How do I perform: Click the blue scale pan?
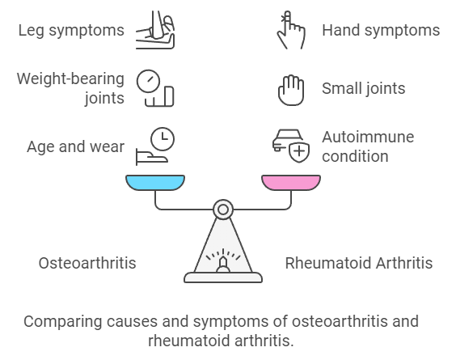tap(155, 183)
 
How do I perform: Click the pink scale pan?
tap(291, 183)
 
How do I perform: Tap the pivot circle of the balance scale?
tap(223, 210)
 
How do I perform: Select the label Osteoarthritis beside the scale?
tap(87, 263)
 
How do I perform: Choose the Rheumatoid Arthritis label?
tap(359, 263)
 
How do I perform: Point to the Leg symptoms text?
tap(71, 31)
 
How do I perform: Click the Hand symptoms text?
tap(381, 31)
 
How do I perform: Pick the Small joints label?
tap(364, 88)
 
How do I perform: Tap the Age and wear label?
tap(76, 146)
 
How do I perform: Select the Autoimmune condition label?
tap(368, 146)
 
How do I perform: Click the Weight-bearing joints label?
tap(70, 88)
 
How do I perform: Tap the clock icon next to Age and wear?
tap(163, 139)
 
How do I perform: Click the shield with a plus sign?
tap(299, 151)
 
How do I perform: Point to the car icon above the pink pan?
tap(286, 140)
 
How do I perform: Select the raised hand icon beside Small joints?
tap(291, 90)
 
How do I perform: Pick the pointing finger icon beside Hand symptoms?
tap(291, 30)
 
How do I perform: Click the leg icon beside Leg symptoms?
tap(155, 30)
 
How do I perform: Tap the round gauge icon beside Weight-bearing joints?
tap(148, 81)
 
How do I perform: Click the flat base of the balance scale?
tap(223, 277)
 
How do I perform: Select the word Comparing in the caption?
tap(63, 322)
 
